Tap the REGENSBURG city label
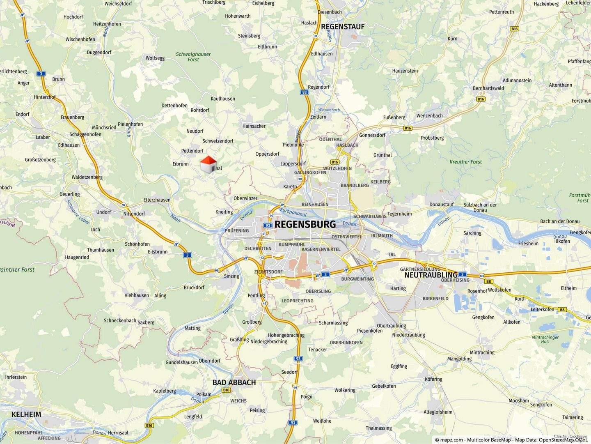[305, 224]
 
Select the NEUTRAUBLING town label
[431, 275]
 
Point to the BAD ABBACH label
[234, 382]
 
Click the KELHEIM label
[26, 414]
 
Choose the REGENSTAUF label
[342, 27]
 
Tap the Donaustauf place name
[442, 205]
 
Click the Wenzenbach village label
[429, 116]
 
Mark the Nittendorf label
[134, 214]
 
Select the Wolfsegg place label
[155, 58]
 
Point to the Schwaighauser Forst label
[193, 57]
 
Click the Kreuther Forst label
[465, 162]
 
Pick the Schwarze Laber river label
[78, 212]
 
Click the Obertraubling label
[391, 326]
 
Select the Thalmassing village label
[378, 428]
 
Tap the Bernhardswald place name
[488, 88]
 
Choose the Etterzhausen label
[157, 200]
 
